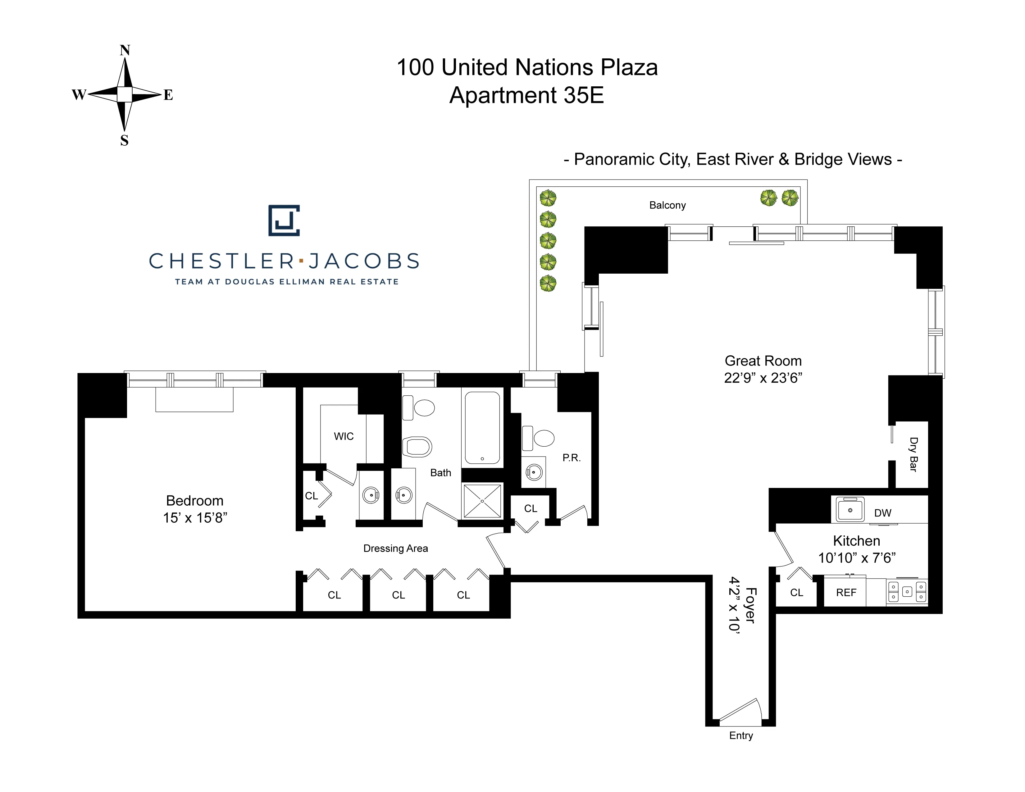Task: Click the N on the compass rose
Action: point(124,50)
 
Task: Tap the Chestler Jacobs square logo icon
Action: point(284,220)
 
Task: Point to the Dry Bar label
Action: point(913,454)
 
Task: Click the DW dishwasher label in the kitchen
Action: point(882,513)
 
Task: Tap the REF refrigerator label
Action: point(846,593)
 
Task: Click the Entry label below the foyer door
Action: point(740,735)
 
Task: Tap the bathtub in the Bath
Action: point(482,427)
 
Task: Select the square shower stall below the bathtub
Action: point(482,501)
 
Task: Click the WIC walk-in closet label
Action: point(344,436)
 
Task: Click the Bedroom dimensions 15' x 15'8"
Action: point(195,517)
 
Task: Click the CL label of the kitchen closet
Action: point(796,593)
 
